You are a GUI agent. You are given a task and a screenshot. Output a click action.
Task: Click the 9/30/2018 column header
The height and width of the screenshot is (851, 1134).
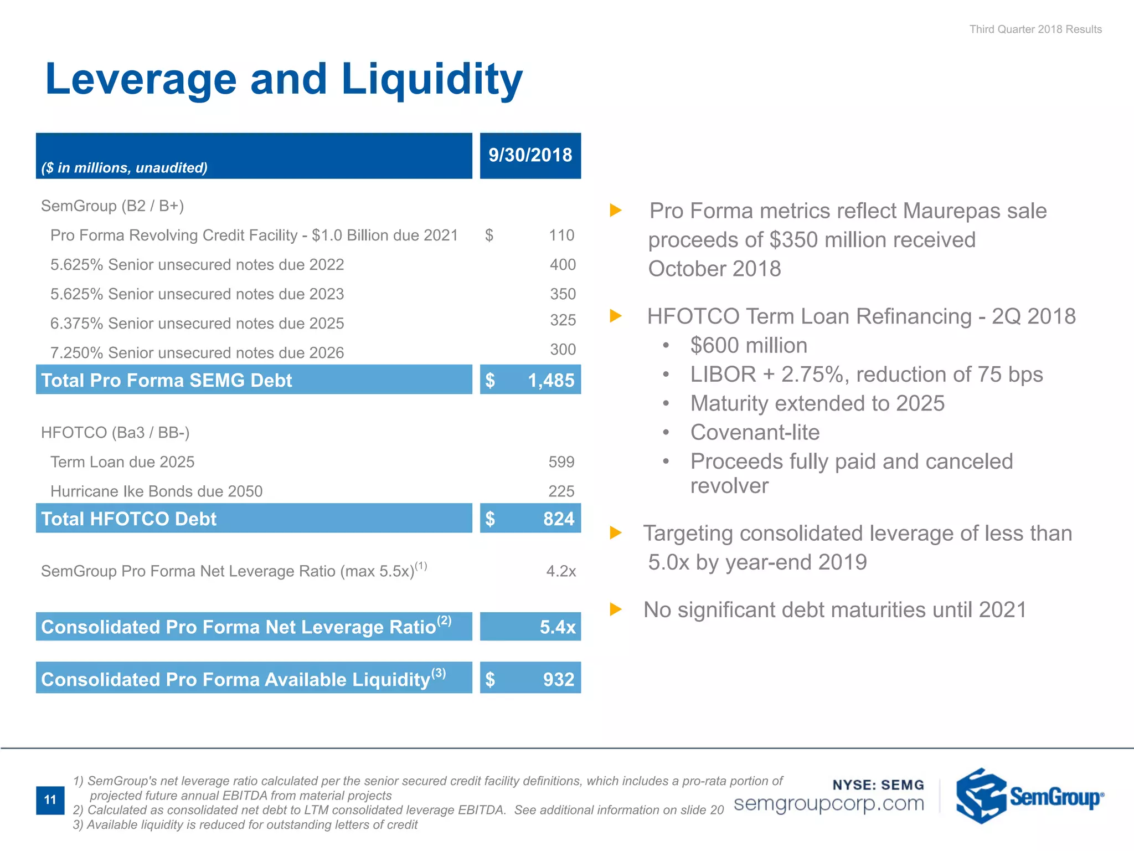pos(530,155)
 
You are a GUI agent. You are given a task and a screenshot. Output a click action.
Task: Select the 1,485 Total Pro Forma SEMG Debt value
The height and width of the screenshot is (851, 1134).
pos(550,380)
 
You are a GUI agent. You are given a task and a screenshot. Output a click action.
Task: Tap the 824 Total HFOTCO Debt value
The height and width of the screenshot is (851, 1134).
pos(558,519)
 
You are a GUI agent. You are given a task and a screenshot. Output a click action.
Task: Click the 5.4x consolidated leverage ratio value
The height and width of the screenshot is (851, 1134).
pos(557,627)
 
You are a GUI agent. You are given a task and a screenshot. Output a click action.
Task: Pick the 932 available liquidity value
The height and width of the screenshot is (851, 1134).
pos(558,679)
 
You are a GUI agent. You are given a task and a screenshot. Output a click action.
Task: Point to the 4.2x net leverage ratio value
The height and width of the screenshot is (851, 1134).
pos(560,571)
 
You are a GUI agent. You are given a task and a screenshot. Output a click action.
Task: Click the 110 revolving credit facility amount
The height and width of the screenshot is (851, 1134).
pos(561,235)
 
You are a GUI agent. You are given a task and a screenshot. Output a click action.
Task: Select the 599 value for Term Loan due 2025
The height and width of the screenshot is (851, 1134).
pos(561,462)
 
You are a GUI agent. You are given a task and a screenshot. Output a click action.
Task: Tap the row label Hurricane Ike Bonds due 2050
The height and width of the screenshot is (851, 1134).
pos(156,491)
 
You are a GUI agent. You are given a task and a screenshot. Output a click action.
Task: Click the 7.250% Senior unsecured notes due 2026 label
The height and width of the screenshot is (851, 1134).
pos(197,353)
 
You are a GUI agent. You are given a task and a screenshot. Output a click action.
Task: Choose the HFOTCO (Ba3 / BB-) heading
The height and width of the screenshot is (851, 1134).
pos(115,433)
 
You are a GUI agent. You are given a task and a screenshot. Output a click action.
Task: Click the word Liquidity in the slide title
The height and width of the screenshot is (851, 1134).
pos(431,79)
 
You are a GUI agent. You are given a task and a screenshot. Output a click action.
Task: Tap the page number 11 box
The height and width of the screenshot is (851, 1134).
pos(50,800)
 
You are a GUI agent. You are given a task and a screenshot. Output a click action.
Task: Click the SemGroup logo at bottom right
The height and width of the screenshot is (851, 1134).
pos(1029,796)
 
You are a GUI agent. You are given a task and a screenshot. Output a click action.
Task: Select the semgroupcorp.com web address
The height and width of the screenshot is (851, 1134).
pos(828,803)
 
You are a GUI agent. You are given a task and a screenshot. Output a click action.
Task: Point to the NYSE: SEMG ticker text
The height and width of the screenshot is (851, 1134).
pos(878,785)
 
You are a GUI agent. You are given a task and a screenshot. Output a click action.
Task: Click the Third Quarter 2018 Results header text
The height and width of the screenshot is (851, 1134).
pos(1035,29)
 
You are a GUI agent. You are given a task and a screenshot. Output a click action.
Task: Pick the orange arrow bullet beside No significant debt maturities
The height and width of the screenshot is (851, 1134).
pos(615,609)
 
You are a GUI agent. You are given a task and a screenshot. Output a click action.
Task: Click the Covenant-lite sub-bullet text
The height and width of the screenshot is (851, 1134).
pos(754,433)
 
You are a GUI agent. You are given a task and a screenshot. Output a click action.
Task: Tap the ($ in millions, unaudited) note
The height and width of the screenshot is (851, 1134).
pos(124,168)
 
